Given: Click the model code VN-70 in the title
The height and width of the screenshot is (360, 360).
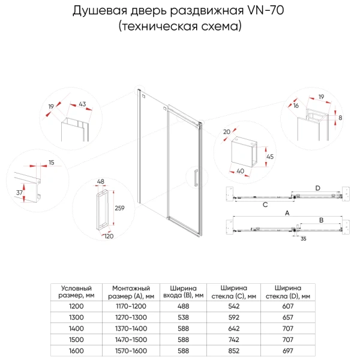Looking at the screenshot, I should click(x=265, y=11).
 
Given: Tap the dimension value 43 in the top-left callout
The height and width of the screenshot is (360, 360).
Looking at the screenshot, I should click(x=82, y=104).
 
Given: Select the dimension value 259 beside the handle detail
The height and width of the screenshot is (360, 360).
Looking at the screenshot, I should click(x=119, y=208).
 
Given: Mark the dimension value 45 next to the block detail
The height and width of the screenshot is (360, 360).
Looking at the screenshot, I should click(x=269, y=157).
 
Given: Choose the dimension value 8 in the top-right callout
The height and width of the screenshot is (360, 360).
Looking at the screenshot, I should click(x=340, y=118).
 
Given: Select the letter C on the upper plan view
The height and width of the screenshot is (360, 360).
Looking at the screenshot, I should click(x=264, y=204).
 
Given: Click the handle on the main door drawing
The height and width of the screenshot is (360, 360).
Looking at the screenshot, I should click(x=196, y=179).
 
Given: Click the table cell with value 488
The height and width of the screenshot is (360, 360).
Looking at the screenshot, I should click(x=184, y=305).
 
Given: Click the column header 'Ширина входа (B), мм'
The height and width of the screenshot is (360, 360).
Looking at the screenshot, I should click(x=184, y=291).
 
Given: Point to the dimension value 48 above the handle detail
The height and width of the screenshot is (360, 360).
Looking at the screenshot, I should click(x=101, y=181).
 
